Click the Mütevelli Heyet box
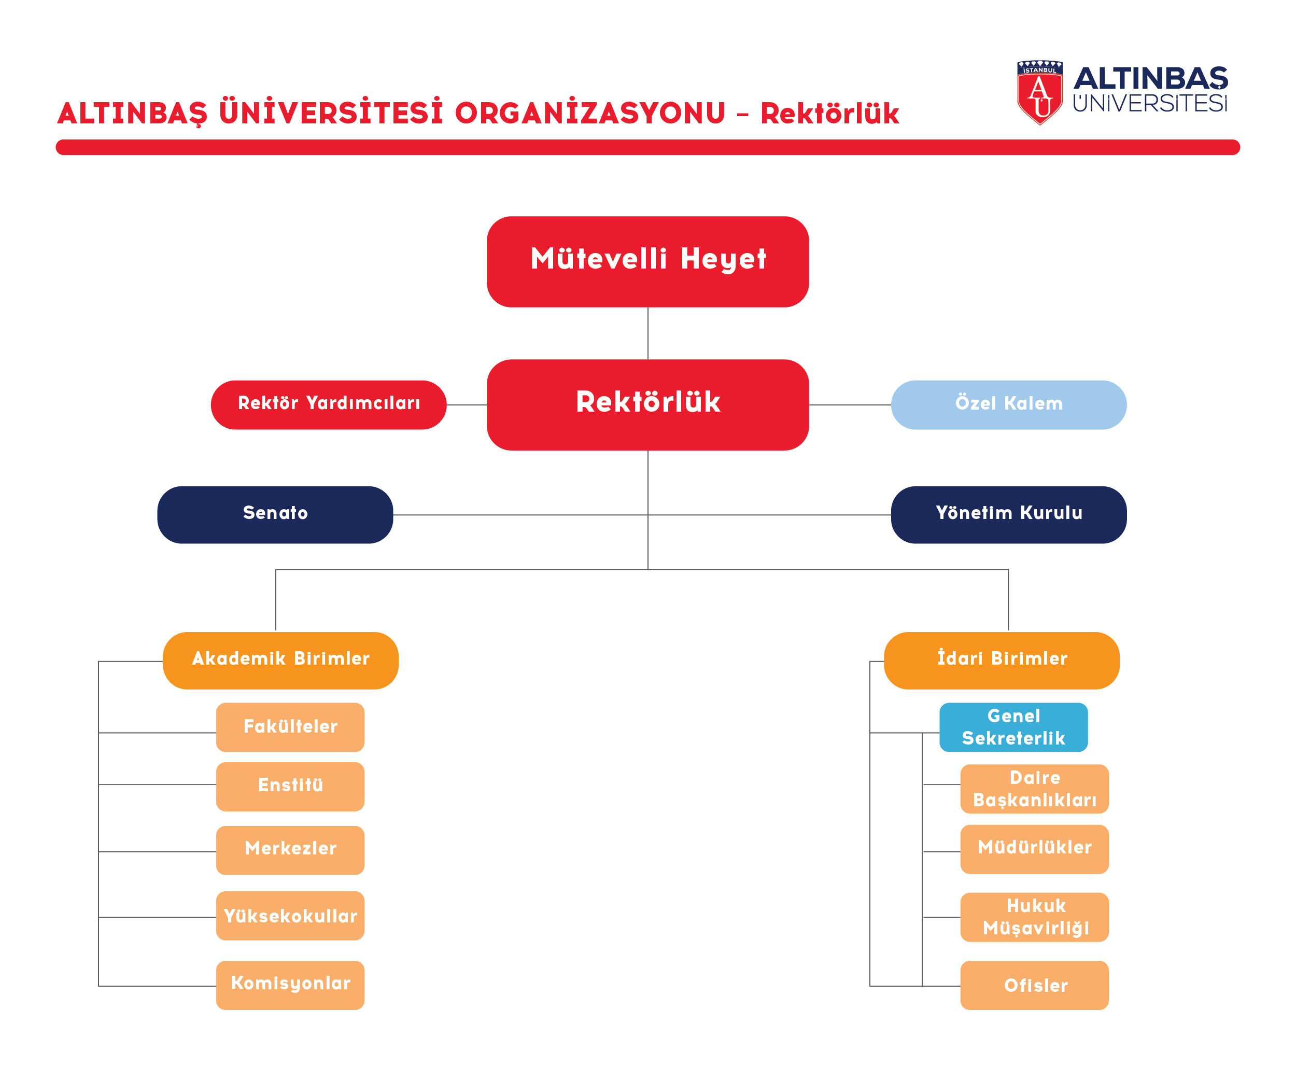click(x=647, y=262)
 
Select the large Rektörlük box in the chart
click(x=647, y=405)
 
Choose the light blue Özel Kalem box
click(x=1008, y=405)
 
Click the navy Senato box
click(x=275, y=515)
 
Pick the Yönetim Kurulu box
click(x=1008, y=515)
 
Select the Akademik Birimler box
click(x=281, y=661)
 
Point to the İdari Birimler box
click(x=1002, y=661)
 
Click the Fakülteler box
click(x=290, y=727)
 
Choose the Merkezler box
click(x=290, y=850)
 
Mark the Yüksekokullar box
click(x=290, y=916)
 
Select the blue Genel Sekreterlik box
click(x=1013, y=727)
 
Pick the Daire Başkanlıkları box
click(x=1034, y=789)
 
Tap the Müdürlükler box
click(x=1034, y=849)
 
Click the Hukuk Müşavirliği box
click(x=1034, y=917)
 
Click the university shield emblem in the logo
click(x=1040, y=93)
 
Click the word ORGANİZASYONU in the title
click(x=590, y=114)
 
